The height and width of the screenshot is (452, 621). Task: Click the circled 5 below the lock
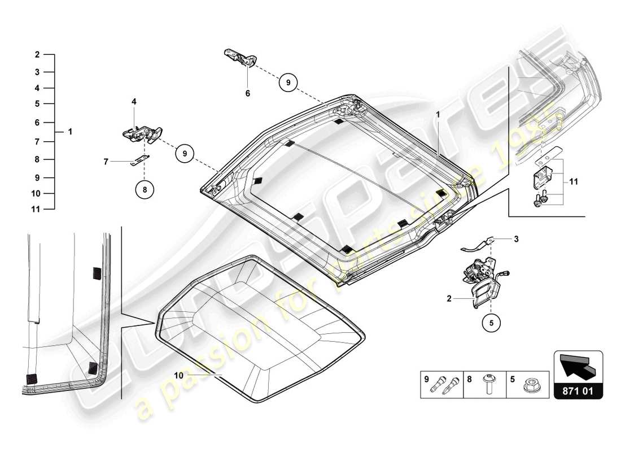click(x=491, y=324)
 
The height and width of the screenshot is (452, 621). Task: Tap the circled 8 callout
click(x=145, y=190)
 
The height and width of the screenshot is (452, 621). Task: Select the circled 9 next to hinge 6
click(x=287, y=82)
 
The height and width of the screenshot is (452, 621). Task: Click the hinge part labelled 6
click(x=240, y=57)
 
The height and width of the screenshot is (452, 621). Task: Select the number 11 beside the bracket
click(x=573, y=182)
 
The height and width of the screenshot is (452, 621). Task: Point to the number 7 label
click(x=106, y=162)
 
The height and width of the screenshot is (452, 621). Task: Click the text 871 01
click(x=578, y=389)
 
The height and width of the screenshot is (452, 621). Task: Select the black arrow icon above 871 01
click(x=578, y=366)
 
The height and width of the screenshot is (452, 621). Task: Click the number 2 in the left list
click(x=37, y=55)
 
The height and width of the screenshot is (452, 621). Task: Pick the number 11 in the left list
click(x=36, y=209)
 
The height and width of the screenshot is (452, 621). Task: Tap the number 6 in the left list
click(x=37, y=123)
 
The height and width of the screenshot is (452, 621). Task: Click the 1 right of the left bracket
click(x=70, y=132)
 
